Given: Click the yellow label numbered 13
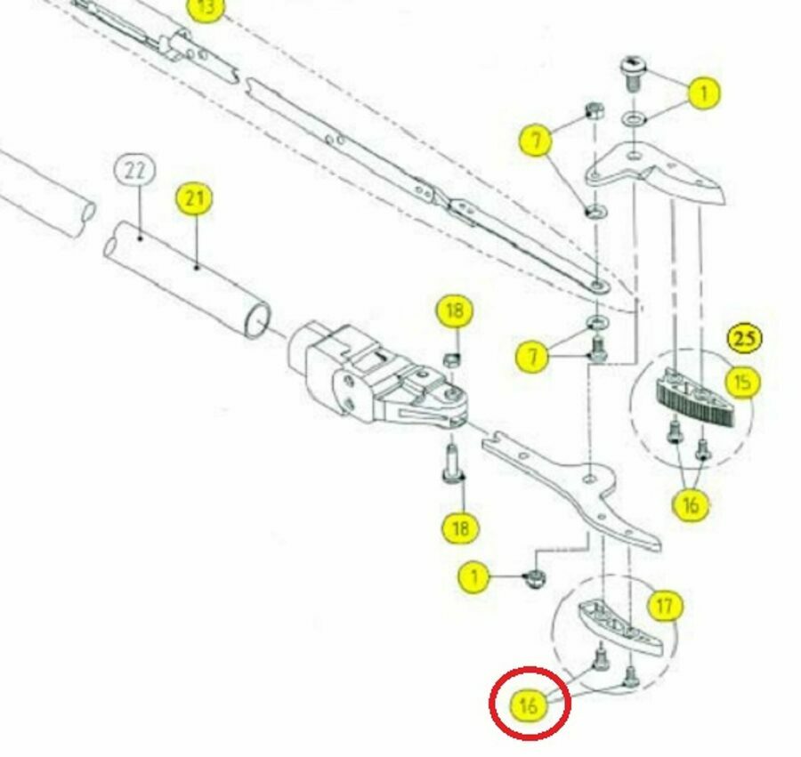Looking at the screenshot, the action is tap(206, 9).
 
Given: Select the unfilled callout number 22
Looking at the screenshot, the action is tap(134, 170).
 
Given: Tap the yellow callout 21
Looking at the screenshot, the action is tap(194, 199).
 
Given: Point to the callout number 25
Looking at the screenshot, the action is tap(745, 338).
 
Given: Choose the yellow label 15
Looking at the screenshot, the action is tap(742, 383).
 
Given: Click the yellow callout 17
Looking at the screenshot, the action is tap(665, 606).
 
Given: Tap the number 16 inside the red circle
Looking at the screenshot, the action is tap(530, 705).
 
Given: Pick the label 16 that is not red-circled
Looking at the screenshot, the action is tap(690, 504).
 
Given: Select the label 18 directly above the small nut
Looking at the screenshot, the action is tap(455, 310).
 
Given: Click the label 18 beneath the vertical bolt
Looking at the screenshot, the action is tap(460, 527).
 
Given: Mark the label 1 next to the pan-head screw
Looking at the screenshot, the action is tap(704, 93).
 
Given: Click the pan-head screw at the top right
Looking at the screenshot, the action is tap(634, 74).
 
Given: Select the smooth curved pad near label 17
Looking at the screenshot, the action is tap(621, 627).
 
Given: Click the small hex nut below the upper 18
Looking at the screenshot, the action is tap(452, 361).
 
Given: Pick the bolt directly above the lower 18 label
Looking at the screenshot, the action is tap(453, 463).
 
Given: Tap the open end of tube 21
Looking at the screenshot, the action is tap(257, 319).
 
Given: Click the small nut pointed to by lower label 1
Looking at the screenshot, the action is tap(534, 578).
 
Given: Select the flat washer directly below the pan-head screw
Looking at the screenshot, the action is tap(634, 119).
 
